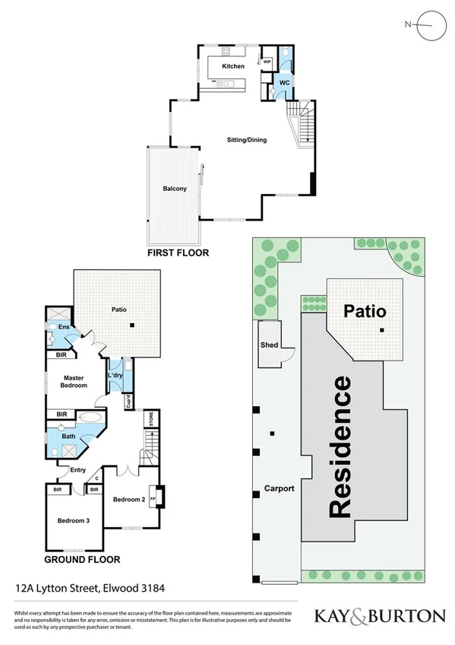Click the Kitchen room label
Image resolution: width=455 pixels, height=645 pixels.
[x=233, y=67]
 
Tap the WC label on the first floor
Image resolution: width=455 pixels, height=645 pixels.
[x=283, y=81]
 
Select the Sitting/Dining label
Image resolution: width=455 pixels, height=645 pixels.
[x=247, y=140]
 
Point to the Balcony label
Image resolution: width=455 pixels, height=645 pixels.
[x=174, y=189]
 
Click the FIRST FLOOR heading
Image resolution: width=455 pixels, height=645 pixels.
[x=177, y=252]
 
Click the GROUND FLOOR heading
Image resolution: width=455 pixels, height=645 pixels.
[x=82, y=559]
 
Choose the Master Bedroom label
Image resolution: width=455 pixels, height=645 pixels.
[x=74, y=381]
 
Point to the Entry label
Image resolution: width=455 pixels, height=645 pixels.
[x=77, y=470]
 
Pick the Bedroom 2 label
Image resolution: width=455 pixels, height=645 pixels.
[x=129, y=500]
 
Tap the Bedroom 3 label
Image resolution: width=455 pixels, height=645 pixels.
[x=72, y=521]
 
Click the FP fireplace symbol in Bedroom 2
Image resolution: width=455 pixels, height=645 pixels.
[x=154, y=499]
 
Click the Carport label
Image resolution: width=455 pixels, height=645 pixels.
[x=279, y=488]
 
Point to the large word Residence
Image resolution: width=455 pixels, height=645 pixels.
[x=340, y=447]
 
